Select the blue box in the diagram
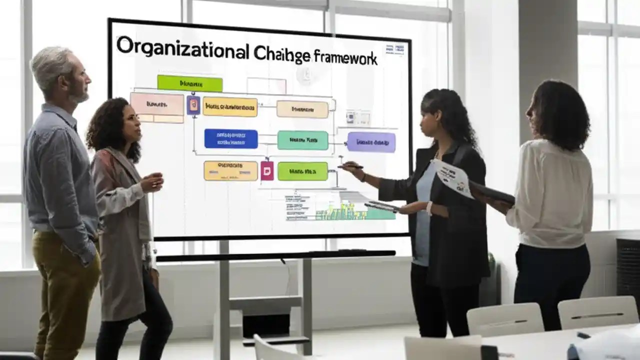click(x=230, y=138)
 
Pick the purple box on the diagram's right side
click(x=371, y=142)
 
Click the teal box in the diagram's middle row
click(x=302, y=140)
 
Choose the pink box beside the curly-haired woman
click(x=156, y=104)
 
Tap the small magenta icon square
click(x=267, y=170)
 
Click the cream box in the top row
click(x=302, y=109)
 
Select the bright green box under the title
click(x=189, y=83)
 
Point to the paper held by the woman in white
click(x=452, y=177)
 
